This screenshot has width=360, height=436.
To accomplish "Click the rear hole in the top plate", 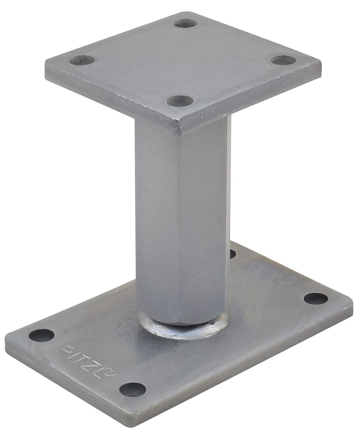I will (x=185, y=23).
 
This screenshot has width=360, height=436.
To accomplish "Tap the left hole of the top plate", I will (x=82, y=60).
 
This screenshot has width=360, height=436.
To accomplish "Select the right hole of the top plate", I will (x=283, y=60).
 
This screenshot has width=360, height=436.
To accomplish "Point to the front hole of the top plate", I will (x=180, y=101).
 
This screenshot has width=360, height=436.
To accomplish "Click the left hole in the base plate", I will (x=41, y=335).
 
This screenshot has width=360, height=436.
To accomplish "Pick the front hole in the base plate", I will (x=133, y=389).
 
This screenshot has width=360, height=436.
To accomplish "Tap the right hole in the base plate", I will (x=316, y=299).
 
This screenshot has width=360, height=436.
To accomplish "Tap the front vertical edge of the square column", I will (x=178, y=221).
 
